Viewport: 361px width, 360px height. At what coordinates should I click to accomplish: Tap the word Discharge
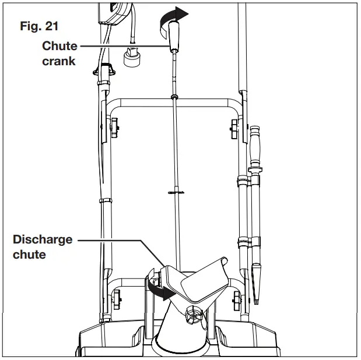(42, 239)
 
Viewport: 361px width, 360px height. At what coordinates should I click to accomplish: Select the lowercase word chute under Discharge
(30, 254)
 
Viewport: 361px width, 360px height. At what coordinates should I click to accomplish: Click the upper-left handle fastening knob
(112, 124)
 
